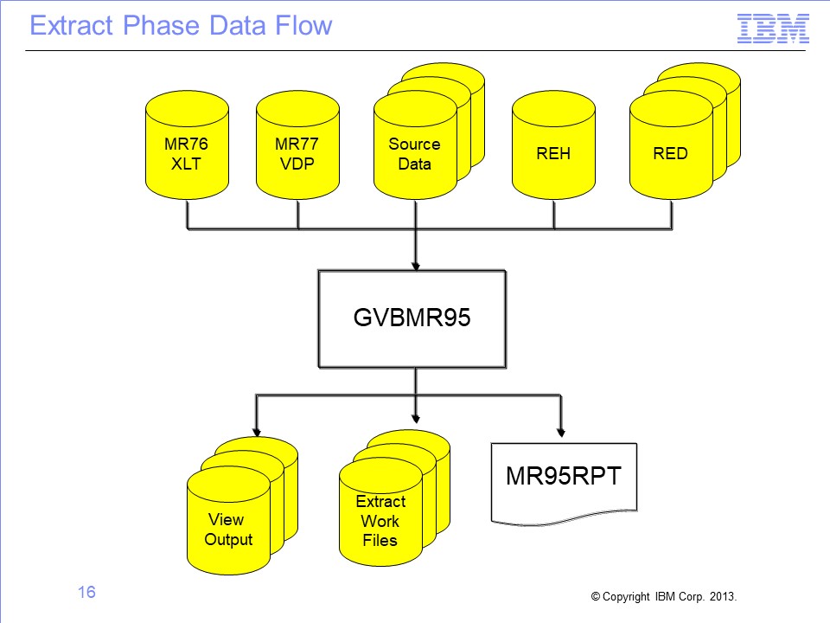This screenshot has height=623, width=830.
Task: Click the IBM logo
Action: point(773,29)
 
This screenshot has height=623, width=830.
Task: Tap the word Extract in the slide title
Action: point(72,25)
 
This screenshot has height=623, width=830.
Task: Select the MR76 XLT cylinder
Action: point(187,145)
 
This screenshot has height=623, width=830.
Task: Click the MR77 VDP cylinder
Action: point(297,145)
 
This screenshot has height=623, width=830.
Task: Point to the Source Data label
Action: point(414,154)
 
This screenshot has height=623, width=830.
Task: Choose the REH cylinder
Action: point(553,145)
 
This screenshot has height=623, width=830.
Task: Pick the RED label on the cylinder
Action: point(670,154)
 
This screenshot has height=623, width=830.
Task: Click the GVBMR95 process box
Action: point(412,319)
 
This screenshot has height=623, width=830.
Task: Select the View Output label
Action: point(228,530)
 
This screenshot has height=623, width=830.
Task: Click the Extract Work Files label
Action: point(380,521)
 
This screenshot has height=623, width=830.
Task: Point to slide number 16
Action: point(86,592)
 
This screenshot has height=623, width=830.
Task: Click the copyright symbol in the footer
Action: point(596,596)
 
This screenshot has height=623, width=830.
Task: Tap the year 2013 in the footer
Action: point(722,596)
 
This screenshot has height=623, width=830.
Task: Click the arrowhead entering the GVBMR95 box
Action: point(416,266)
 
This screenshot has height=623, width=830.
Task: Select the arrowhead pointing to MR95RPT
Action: point(561,433)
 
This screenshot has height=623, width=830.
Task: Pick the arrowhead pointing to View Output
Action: point(257,433)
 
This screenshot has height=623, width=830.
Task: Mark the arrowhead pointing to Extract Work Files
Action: point(416,419)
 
